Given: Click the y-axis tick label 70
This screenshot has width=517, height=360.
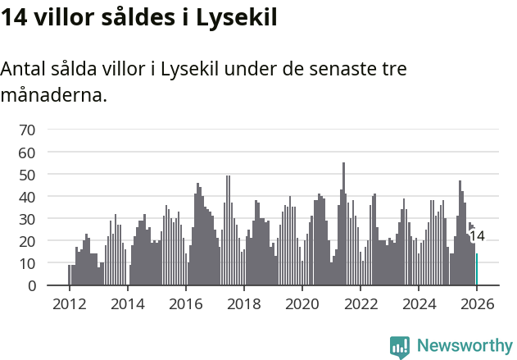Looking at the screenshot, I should tap(27, 130).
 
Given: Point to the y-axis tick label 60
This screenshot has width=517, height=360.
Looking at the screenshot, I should tap(27, 153).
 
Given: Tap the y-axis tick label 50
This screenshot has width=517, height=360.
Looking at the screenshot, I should tap(27, 175).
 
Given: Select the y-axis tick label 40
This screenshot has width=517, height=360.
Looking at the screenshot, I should tap(27, 197).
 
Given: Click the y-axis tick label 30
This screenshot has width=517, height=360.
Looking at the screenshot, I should tap(27, 219).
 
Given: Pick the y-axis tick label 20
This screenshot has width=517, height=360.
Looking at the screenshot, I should tap(27, 241).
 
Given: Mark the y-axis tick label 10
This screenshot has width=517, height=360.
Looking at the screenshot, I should tap(27, 263).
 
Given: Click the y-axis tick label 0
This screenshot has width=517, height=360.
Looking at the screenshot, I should tap(31, 286).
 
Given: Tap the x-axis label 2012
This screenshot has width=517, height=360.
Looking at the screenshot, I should tap(69, 303).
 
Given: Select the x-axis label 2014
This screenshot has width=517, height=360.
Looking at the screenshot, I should tap(127, 303).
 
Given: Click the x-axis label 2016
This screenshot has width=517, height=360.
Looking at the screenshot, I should tap(185, 303).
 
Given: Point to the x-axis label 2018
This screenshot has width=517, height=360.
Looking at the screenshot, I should tap(243, 303).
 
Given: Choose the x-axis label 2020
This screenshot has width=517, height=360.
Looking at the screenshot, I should tap(302, 303).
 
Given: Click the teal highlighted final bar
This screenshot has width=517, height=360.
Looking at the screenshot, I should tap(477, 270).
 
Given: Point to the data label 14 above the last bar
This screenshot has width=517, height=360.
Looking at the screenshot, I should tap(477, 236).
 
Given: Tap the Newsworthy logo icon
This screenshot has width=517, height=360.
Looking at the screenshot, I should tap(400, 346).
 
